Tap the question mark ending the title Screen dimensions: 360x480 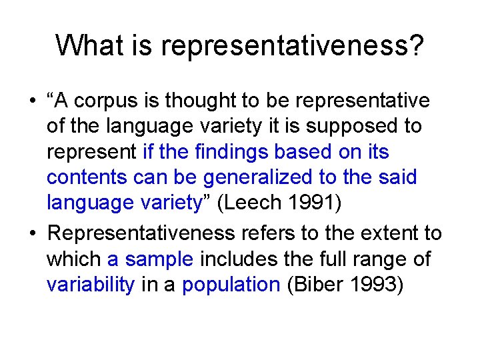tap(416, 46)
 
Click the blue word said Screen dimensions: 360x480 tap(399, 178)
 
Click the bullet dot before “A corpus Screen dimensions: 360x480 tap(32, 102)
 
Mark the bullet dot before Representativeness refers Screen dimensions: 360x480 tap(32, 234)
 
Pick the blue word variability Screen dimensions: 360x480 tap(91, 285)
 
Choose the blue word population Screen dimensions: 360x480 tap(231, 285)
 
